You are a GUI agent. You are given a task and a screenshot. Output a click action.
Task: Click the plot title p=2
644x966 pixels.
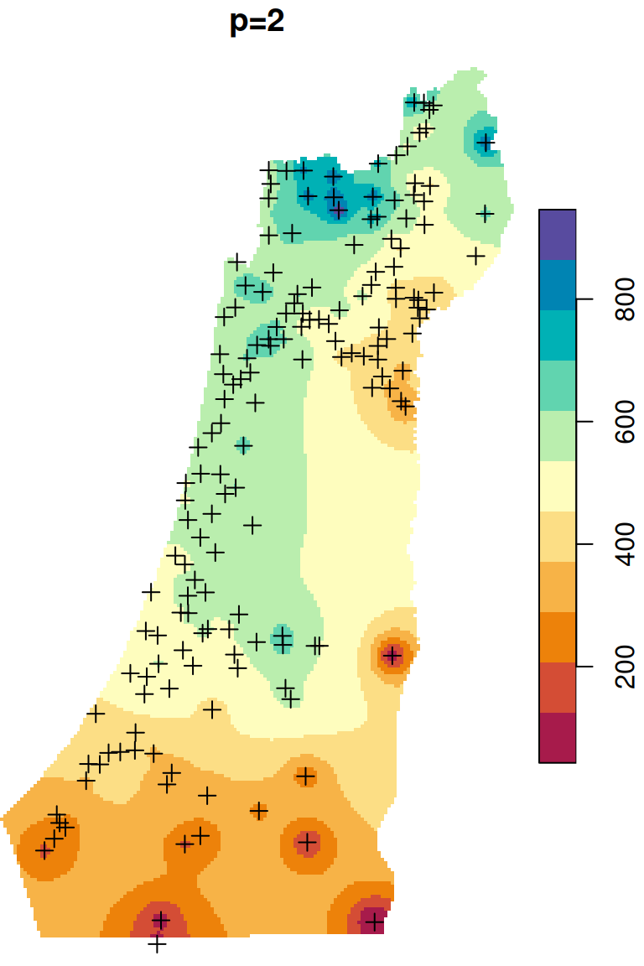coord(257,23)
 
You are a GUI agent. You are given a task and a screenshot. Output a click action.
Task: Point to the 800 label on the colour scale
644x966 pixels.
coord(626,299)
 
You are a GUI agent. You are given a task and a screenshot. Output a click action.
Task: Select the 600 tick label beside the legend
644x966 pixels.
coord(626,422)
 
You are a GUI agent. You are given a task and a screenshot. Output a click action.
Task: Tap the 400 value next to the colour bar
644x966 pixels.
coord(626,545)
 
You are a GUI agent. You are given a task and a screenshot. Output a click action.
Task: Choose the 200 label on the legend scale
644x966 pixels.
coord(626,667)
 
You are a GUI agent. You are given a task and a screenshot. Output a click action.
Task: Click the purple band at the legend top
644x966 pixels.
coord(558,234)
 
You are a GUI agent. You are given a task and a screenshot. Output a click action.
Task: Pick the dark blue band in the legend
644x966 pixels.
coord(558,285)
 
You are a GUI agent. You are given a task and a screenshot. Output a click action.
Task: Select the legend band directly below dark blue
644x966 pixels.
coord(558,335)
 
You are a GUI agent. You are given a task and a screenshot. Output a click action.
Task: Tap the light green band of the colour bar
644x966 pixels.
coord(558,436)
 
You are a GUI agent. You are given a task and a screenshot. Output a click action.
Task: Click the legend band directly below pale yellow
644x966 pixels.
coord(558,537)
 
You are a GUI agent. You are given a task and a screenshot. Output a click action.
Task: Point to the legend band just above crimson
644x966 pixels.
coord(558,688)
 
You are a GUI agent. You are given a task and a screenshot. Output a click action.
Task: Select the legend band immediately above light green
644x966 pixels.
coord(558,386)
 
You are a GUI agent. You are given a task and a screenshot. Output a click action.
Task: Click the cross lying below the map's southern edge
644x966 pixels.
coord(157,944)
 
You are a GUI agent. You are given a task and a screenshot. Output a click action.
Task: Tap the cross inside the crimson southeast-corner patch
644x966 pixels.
coord(374,923)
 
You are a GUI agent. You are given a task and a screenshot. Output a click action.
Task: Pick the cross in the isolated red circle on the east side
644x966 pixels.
coord(392,655)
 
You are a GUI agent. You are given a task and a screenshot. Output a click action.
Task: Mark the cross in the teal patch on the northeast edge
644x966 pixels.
coord(485,143)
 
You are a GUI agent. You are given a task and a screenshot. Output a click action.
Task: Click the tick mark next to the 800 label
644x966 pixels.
coord(582,299)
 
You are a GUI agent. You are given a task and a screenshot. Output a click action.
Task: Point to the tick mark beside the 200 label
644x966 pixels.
coord(582,667)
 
